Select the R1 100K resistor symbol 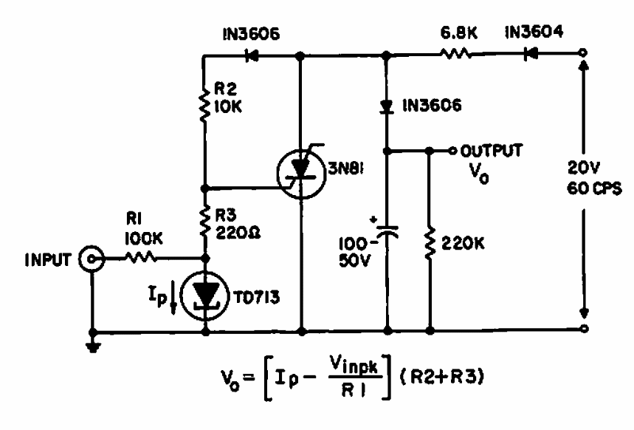[x=141, y=259]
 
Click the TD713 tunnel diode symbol [x=204, y=293]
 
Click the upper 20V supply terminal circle [x=584, y=53]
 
